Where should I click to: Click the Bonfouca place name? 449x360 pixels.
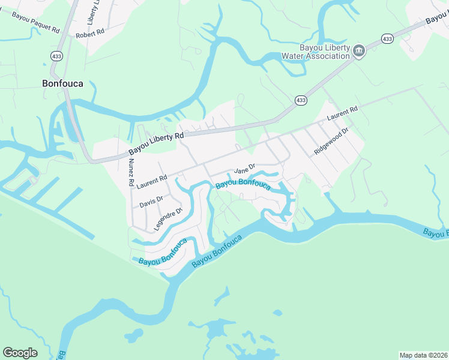[x=62, y=83]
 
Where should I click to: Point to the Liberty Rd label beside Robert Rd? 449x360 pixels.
[x=92, y=12]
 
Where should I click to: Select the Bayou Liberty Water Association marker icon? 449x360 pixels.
[x=359, y=50]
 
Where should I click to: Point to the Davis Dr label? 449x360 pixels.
[x=151, y=202]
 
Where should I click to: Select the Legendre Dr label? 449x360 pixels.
[x=167, y=220]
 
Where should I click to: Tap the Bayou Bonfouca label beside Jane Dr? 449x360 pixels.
[x=243, y=184]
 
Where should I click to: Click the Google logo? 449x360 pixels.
[x=20, y=352]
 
